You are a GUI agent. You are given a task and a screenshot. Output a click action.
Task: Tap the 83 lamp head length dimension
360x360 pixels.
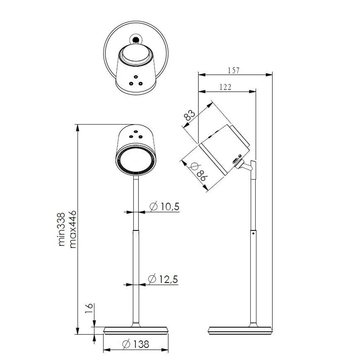[191, 115]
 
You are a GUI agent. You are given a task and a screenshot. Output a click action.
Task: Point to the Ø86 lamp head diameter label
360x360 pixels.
[198, 172]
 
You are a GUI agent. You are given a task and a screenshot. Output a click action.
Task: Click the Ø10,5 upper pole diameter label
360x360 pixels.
[164, 207]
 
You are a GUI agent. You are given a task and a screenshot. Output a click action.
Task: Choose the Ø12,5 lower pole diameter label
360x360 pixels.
[163, 279]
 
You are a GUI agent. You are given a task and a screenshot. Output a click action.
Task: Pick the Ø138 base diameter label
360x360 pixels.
[135, 345]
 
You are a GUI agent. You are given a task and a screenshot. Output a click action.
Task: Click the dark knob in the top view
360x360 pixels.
[134, 40]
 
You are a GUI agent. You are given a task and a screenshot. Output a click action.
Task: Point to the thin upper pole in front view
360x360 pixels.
[135, 202]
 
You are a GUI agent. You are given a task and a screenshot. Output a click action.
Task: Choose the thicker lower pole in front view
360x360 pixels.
[135, 279]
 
